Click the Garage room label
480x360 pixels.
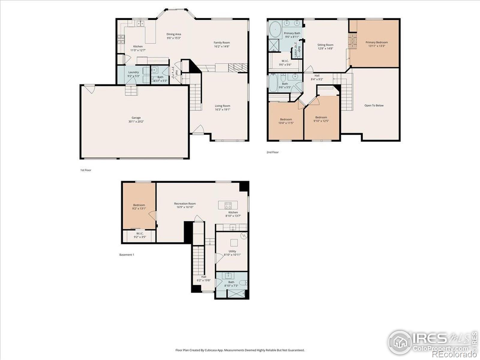click(136, 118)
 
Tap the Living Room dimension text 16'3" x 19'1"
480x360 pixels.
click(222, 109)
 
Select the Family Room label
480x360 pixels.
click(222, 43)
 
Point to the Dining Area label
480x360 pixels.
click(174, 34)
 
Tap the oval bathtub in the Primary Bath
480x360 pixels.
click(274, 31)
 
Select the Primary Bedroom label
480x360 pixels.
click(376, 43)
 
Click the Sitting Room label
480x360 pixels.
click(325, 45)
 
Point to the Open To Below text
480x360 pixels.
click(374, 106)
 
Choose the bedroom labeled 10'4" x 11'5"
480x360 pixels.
click(286, 121)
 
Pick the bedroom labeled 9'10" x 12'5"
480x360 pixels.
click(321, 119)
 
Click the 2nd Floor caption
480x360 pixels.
click(272, 152)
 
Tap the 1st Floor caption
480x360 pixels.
click(85, 170)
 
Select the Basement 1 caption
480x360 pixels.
click(127, 255)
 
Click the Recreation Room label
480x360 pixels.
click(185, 204)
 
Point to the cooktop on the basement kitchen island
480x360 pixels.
click(228, 205)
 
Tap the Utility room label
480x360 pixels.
click(232, 251)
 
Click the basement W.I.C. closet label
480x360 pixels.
click(139, 234)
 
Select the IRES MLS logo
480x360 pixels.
click(430, 342)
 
